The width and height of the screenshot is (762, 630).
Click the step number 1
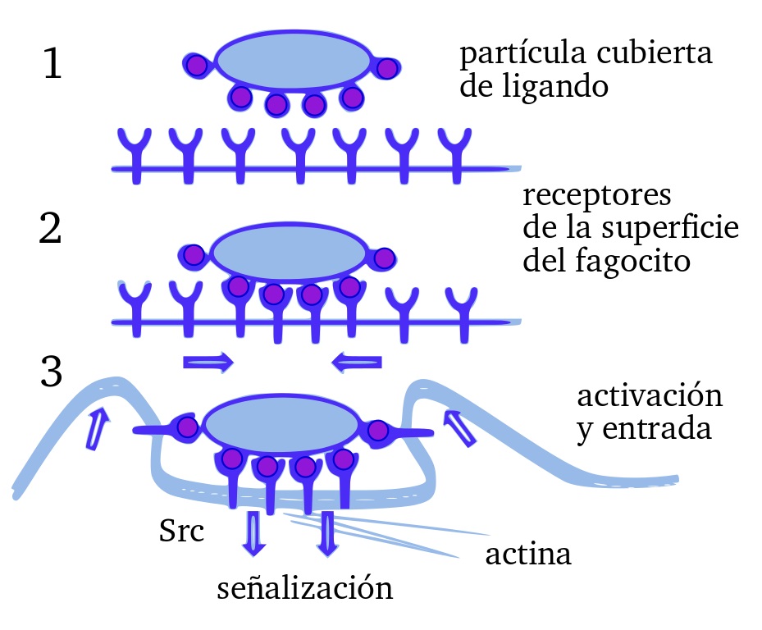52,66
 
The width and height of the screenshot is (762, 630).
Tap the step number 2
50,231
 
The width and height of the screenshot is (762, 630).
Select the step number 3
51,373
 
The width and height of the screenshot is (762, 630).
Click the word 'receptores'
596,198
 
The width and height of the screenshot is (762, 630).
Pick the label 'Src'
181,531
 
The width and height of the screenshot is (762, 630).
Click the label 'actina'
528,555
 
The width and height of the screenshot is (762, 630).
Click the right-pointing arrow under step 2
208,361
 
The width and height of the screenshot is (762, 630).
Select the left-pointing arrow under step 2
357,361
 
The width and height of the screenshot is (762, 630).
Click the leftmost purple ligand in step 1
196,64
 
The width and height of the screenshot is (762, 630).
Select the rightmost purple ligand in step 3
378,430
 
